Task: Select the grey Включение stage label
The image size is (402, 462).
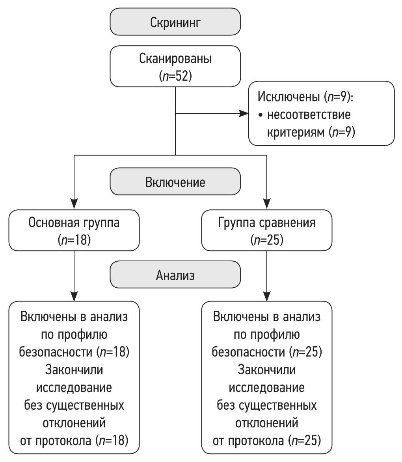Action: pos(175,183)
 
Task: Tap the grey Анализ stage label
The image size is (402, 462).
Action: pos(175,275)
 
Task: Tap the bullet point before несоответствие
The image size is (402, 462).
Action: pos(261,115)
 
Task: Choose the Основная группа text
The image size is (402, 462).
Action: pos(74,223)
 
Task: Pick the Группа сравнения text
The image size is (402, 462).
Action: pos(267,223)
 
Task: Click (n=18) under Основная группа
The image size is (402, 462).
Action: pos(74,239)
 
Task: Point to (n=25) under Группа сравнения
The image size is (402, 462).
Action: pos(267,239)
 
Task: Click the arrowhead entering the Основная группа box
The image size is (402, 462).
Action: pos(74,200)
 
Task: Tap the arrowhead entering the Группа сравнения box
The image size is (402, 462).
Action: pos(267,200)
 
